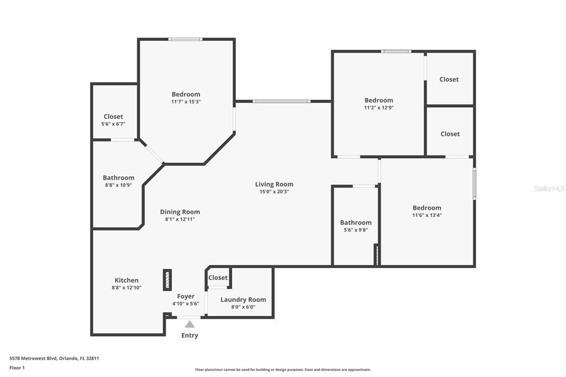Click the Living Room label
274,184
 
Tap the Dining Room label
180,212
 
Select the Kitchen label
127,280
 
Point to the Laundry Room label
243,300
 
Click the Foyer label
186,296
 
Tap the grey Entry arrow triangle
190,324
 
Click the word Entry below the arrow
190,336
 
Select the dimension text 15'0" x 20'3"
274,192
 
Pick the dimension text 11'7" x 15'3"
186,102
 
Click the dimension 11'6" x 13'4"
427,215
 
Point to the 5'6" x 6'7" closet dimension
113,124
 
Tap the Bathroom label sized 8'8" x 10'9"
118,177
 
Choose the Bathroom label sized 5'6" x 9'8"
355,222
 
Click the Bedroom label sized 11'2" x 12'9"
379,101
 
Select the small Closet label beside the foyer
218,277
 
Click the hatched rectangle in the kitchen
167,280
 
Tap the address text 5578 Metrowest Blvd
33,359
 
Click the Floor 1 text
17,368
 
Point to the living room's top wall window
281,102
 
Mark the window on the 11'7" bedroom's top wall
186,39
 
